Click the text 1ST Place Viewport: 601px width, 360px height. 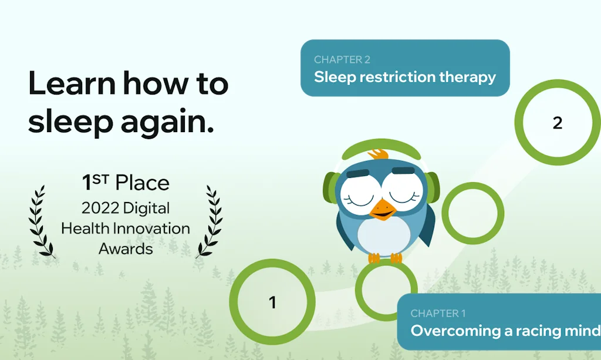click(126, 183)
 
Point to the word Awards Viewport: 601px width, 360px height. click(126, 248)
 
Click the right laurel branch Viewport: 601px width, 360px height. click(210, 222)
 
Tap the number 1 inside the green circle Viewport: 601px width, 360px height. click(272, 302)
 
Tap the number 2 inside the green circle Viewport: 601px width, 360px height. click(558, 123)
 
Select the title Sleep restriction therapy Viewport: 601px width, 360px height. click(405, 77)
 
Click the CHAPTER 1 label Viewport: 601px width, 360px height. click(438, 314)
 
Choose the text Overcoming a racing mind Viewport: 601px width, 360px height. click(505, 331)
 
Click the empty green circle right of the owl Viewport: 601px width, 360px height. click(472, 213)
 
